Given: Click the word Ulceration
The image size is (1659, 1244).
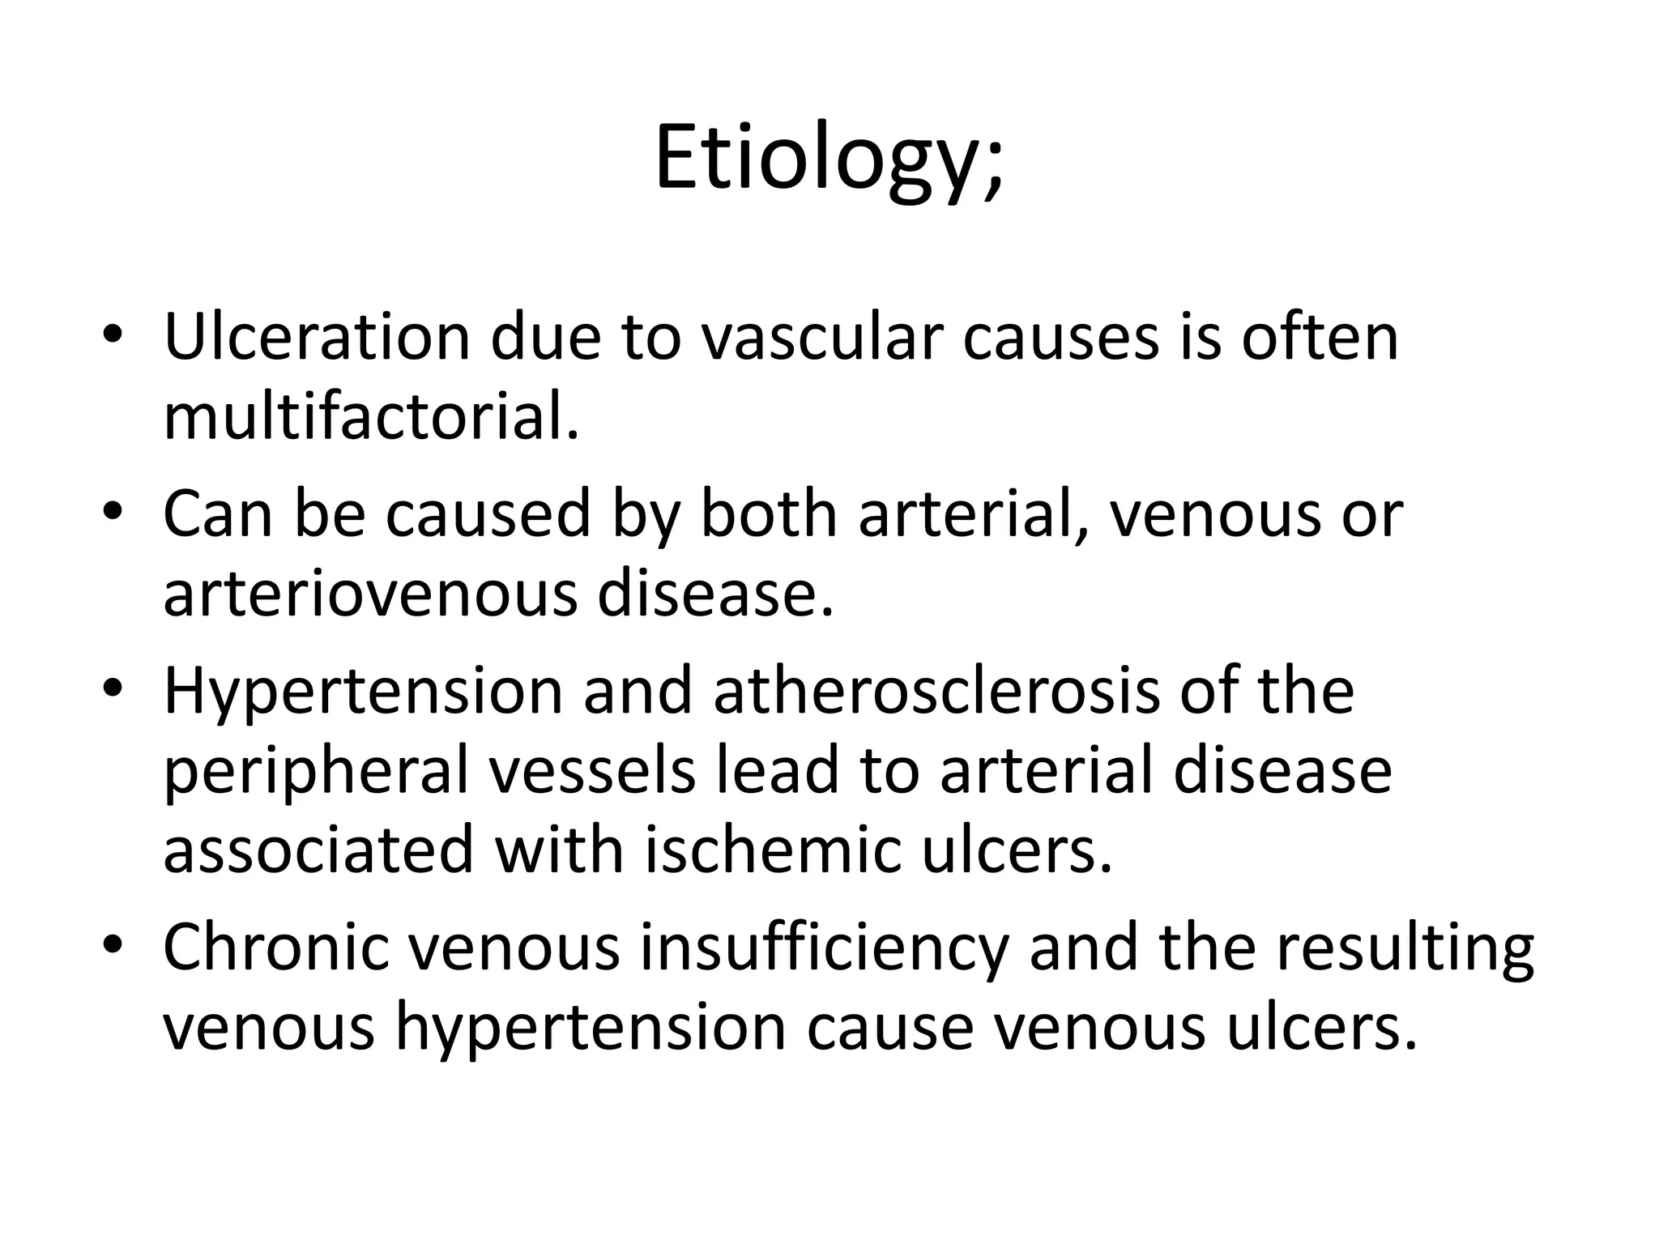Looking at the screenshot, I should [x=317, y=337].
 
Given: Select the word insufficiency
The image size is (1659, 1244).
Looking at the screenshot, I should [x=825, y=948].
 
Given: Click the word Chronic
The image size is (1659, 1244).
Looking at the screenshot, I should [x=276, y=948].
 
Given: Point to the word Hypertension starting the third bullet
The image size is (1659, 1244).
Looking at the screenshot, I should [x=363, y=692].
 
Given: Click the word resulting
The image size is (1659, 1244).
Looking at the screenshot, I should [x=1405, y=948].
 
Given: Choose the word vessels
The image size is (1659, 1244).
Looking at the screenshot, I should [x=593, y=771].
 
